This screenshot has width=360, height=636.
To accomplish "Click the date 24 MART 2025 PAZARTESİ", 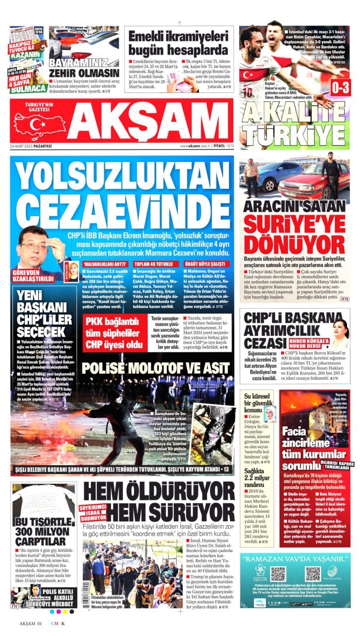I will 33,146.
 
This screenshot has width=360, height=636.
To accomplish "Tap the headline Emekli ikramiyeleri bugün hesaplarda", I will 178,43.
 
